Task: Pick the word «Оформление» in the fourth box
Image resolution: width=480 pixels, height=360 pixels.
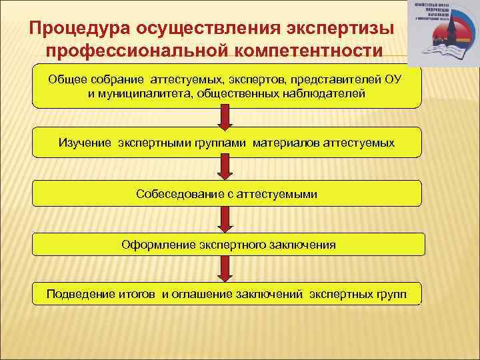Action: [x=158, y=245]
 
